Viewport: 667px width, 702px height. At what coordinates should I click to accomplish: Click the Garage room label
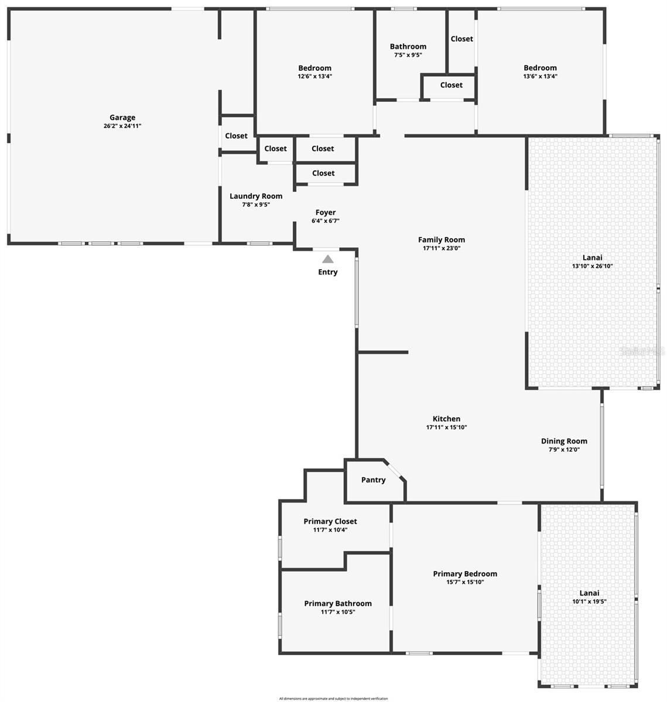(122, 118)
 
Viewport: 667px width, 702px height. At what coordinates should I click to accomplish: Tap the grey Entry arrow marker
(328, 259)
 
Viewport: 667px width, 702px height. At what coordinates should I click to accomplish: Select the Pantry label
(373, 480)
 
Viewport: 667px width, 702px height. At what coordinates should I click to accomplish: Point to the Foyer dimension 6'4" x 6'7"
(326, 221)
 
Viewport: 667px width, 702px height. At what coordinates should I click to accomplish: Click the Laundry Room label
(256, 197)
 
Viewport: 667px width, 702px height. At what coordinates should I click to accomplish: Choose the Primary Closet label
(330, 521)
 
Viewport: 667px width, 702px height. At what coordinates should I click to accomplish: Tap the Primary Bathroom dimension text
(338, 612)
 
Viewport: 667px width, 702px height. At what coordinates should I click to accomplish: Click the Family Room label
(442, 239)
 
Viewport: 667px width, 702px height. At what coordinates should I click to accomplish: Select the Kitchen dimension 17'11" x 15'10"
(446, 427)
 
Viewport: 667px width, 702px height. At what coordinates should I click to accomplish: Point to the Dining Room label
(564, 441)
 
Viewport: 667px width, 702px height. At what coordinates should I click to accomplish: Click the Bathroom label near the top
(408, 47)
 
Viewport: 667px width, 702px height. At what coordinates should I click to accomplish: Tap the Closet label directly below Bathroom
(451, 85)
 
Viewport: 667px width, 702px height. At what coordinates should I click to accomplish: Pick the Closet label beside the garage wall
(236, 136)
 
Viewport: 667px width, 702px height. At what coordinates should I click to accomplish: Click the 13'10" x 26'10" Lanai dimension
(592, 266)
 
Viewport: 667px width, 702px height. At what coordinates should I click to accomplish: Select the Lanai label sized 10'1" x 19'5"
(586, 593)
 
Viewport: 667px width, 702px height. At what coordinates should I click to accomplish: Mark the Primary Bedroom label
(465, 574)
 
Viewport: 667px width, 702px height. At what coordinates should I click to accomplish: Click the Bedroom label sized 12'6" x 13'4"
(314, 68)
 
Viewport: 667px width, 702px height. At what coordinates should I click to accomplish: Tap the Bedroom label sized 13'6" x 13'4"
(540, 68)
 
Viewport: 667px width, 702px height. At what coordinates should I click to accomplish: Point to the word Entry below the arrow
(328, 272)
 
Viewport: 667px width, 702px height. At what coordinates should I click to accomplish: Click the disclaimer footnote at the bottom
(333, 698)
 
